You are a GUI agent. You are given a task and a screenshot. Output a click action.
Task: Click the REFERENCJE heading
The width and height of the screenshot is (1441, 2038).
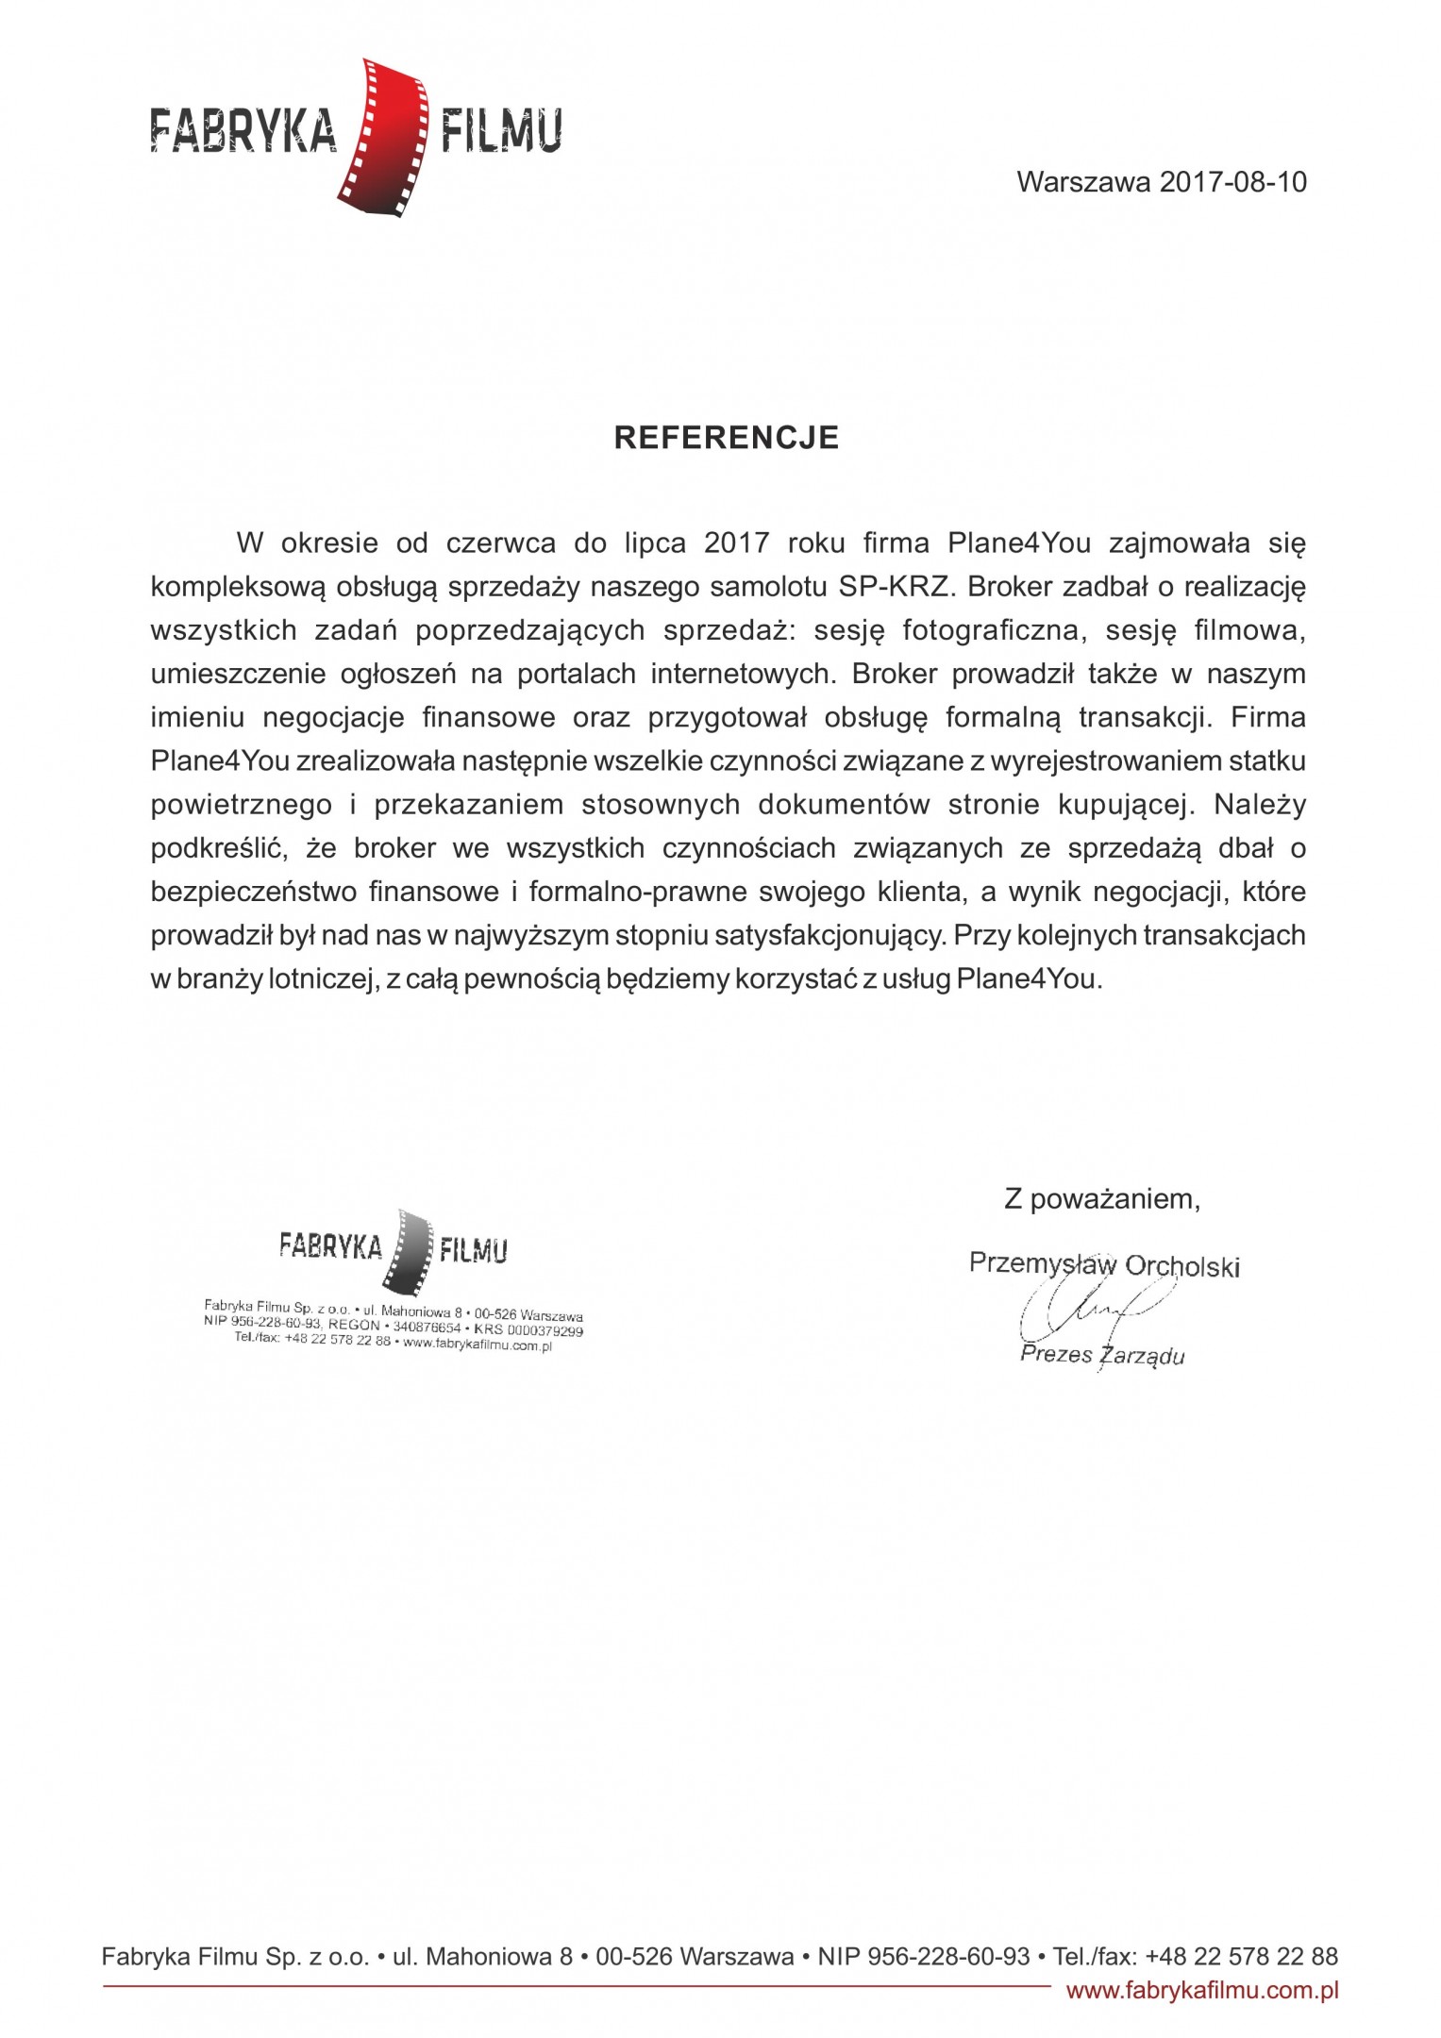726,438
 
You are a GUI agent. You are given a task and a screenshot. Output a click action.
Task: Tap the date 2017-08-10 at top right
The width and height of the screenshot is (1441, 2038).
1232,182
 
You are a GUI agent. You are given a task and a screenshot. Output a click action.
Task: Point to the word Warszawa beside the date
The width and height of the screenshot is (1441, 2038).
1083,182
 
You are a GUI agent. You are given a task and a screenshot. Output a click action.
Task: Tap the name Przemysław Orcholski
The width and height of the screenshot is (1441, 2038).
1103,1264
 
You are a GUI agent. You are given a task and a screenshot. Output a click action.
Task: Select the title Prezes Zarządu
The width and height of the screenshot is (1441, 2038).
1101,1355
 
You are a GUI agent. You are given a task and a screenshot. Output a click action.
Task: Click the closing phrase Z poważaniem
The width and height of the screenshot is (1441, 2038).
1101,1199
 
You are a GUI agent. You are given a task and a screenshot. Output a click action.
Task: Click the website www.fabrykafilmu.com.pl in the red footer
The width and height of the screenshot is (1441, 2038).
1201,1992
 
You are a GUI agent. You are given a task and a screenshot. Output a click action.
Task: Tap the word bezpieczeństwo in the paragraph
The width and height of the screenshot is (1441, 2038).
250,892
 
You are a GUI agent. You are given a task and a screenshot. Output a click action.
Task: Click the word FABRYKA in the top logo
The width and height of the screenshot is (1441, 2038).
243,131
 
